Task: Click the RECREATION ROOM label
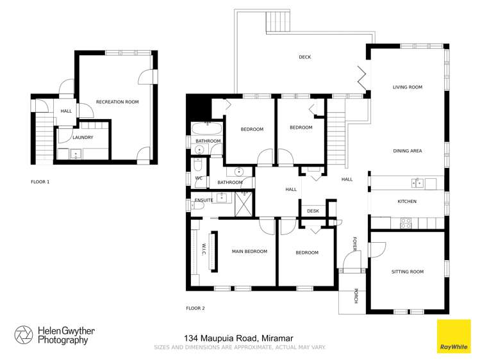[x=117, y=102]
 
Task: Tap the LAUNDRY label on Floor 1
[x=83, y=137]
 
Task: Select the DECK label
[x=304, y=57]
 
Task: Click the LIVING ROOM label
[x=407, y=87]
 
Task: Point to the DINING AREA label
[x=407, y=151]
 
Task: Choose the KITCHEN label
[x=407, y=201]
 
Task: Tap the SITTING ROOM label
[x=407, y=272]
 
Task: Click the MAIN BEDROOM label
[x=249, y=251]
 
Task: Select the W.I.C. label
[x=204, y=251]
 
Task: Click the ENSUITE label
[x=203, y=200]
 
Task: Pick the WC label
[x=199, y=177]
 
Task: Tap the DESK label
[x=313, y=211]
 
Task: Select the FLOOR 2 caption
[x=195, y=308]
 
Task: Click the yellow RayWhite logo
[x=453, y=336]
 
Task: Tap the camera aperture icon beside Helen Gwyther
[x=24, y=335]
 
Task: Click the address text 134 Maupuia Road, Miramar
[x=240, y=338]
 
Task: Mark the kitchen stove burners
[x=405, y=222]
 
